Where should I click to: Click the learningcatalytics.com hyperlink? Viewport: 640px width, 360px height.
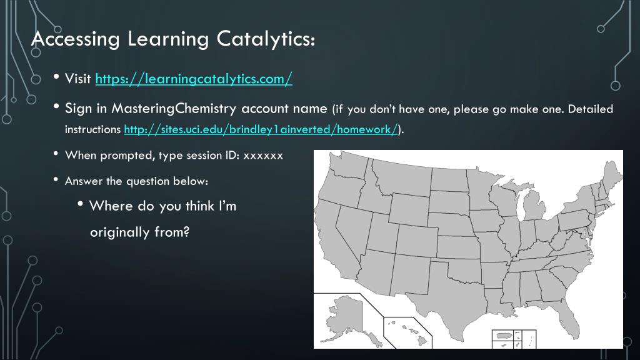point(194,79)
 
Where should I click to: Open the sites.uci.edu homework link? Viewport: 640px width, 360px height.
point(261,129)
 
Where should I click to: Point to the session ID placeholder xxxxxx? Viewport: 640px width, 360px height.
point(263,155)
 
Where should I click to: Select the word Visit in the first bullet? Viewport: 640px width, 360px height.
point(78,79)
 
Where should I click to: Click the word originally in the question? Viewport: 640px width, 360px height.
point(119,232)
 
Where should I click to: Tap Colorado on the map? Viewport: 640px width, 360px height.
point(417,240)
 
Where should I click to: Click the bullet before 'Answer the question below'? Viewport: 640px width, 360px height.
point(56,181)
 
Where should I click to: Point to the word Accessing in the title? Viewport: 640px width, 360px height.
point(75,39)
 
